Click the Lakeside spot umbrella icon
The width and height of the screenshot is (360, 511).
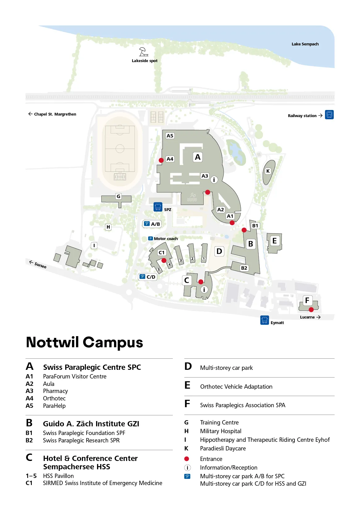pyautogui.click(x=143, y=52)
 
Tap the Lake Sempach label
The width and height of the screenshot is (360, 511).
pyautogui.click(x=305, y=44)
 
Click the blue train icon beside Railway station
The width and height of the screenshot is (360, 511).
pyautogui.click(x=329, y=115)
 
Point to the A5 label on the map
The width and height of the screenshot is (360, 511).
pyautogui.click(x=170, y=136)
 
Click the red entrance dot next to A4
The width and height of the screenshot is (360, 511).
pyautogui.click(x=161, y=160)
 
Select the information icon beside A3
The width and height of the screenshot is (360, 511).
pyautogui.click(x=214, y=179)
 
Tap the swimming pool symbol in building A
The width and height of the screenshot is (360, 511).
pyautogui.click(x=193, y=197)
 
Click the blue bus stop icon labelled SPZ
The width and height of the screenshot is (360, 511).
pyautogui.click(x=158, y=207)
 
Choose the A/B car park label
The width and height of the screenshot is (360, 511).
pyautogui.click(x=152, y=224)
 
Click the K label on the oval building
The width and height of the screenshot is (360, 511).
pyautogui.click(x=268, y=171)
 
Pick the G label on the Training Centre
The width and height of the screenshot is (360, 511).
pyautogui.click(x=118, y=196)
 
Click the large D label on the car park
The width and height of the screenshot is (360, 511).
pyautogui.click(x=219, y=251)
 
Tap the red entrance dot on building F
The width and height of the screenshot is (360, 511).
pyautogui.click(x=311, y=310)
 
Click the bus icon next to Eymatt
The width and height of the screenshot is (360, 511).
pyautogui.click(x=265, y=320)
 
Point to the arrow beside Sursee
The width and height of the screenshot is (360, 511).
pyautogui.click(x=31, y=262)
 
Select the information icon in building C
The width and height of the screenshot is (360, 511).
pyautogui.click(x=204, y=289)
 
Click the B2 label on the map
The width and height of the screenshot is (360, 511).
pyautogui.click(x=244, y=268)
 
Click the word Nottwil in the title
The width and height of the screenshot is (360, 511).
pyautogui.click(x=52, y=342)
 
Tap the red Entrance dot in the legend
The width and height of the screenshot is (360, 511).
pyautogui.click(x=187, y=459)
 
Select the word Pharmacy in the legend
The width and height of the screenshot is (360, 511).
pyautogui.click(x=55, y=391)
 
